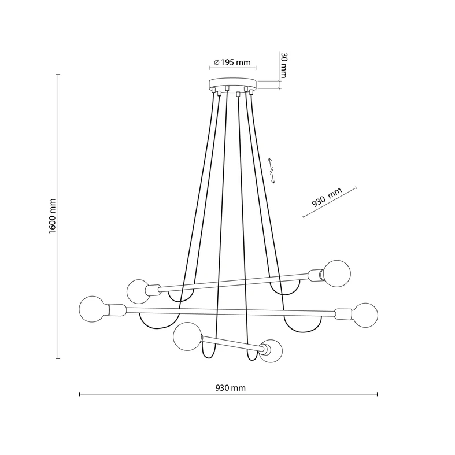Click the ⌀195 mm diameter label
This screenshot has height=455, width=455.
coord(231,62)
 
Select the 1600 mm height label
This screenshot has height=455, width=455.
coord(51,216)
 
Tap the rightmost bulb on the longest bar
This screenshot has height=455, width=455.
coord(365,315)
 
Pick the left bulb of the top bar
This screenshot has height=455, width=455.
coord(139,291)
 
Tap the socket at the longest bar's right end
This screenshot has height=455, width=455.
coord(343,315)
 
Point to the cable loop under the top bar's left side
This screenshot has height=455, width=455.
coord(180,296)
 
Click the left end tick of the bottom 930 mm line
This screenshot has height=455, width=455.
coord(79,395)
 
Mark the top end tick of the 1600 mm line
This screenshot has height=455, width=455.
coord(58,75)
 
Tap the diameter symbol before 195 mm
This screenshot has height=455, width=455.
coord(216,62)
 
